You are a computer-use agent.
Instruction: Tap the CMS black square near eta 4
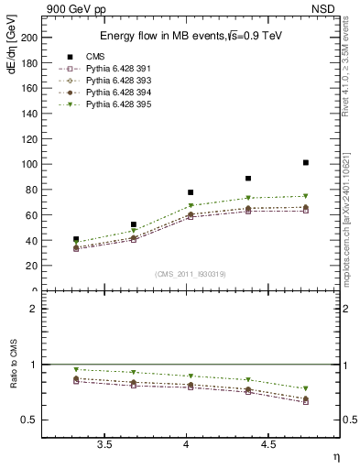click(x=191, y=192)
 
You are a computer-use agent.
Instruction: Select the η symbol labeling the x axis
click(x=335, y=456)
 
